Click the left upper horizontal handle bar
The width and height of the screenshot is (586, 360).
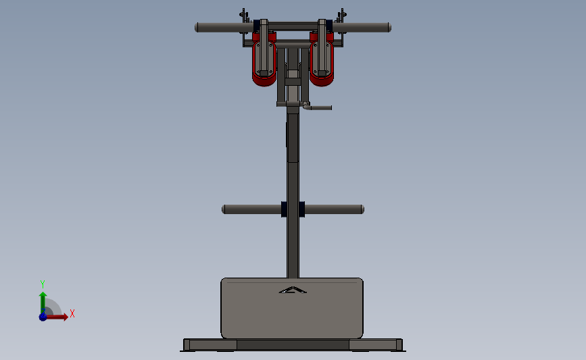click(x=224, y=28)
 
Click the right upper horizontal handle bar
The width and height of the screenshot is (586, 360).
click(x=362, y=28)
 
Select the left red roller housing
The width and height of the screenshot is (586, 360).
click(x=264, y=59)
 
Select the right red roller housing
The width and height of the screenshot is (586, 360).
click(x=322, y=59)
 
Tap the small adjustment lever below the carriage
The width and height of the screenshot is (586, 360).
click(x=317, y=107)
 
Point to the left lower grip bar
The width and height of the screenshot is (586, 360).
click(x=251, y=209)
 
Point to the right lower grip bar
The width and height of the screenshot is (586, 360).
click(x=334, y=209)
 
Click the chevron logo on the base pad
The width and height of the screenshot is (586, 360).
click(x=293, y=290)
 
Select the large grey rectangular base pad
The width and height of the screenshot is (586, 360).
click(x=292, y=308)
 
